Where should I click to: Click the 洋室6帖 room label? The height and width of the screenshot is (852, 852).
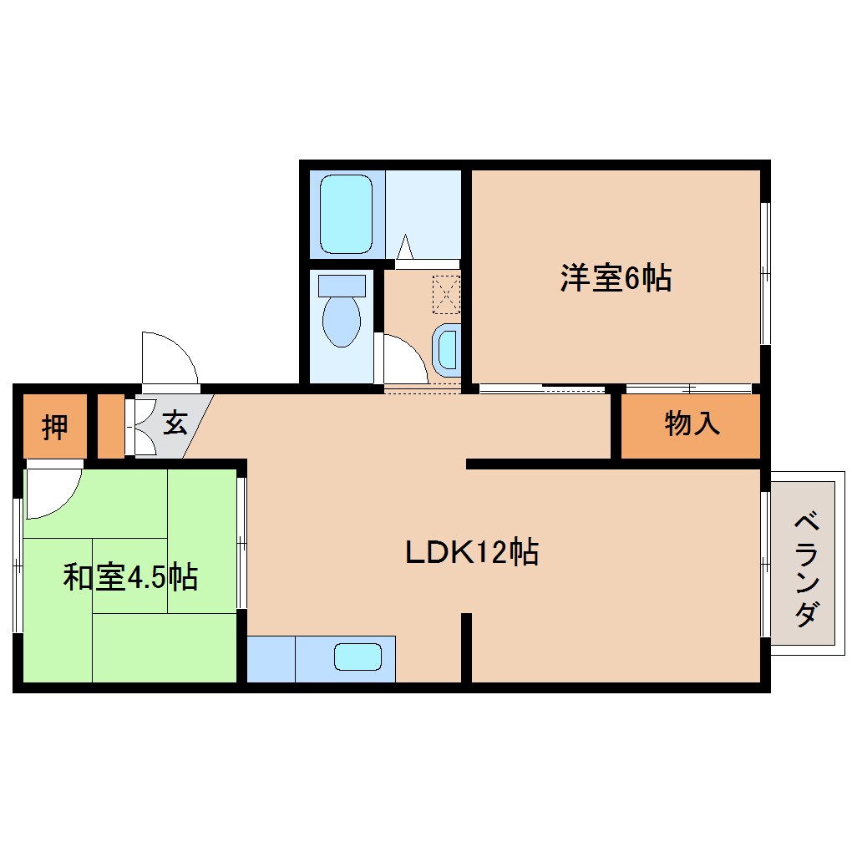point(616,279)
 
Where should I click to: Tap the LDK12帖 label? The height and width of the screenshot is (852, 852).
point(471,552)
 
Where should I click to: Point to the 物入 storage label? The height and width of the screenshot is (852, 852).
point(692,424)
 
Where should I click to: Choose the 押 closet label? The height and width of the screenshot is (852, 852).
point(55,427)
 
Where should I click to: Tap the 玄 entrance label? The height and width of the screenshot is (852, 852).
point(175,423)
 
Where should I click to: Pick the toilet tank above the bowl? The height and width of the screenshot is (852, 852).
point(341,285)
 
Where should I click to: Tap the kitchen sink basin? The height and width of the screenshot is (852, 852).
point(358,657)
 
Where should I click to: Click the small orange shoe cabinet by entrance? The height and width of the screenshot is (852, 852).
point(110,425)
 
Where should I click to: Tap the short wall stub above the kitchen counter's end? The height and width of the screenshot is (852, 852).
point(466,647)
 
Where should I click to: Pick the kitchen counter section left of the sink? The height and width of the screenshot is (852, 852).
point(271,659)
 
